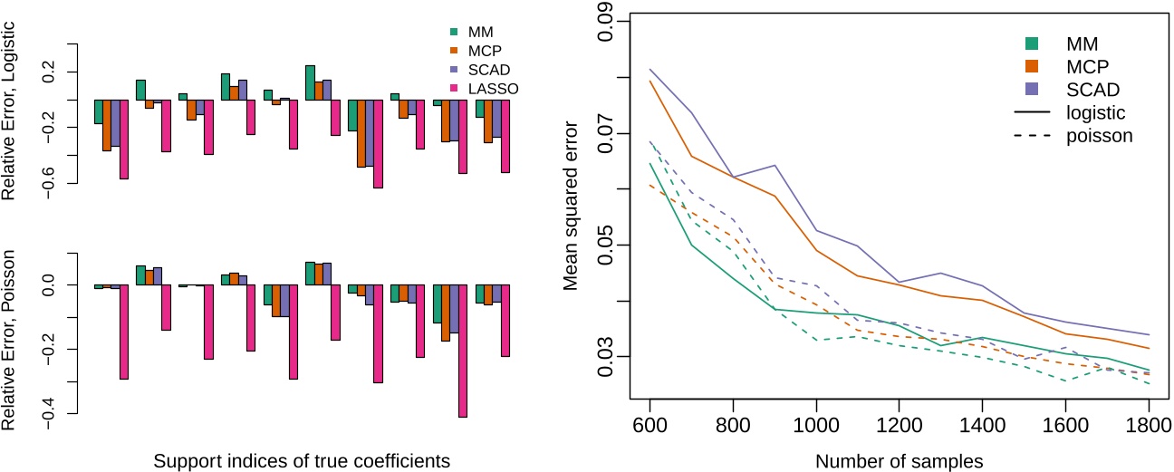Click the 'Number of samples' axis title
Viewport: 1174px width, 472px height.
click(899, 460)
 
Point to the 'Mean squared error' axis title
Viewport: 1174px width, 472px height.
click(571, 208)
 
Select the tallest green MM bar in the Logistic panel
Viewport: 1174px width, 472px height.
click(310, 82)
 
